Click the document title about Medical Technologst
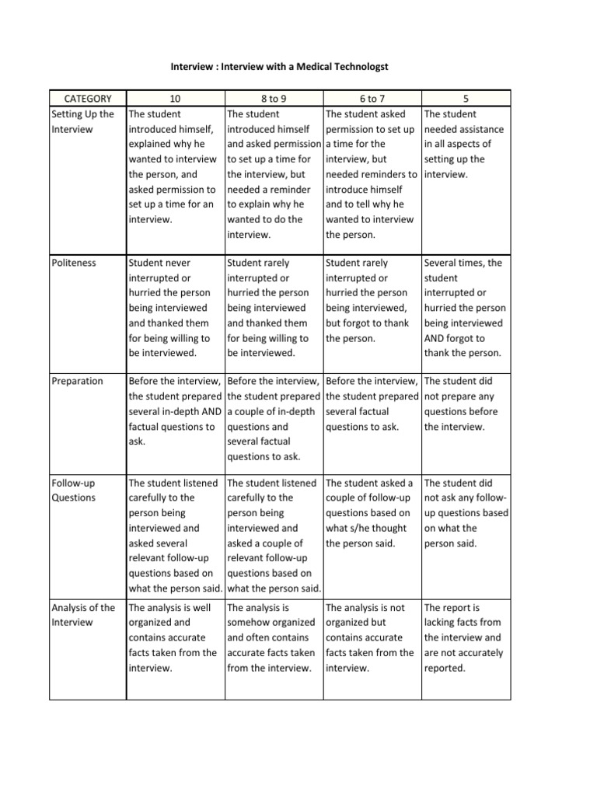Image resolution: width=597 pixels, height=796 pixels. pos(279,68)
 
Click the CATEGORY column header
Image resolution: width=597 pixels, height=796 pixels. pos(87,99)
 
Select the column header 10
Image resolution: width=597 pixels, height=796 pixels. pos(174,99)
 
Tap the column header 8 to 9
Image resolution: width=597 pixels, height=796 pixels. pos(273,99)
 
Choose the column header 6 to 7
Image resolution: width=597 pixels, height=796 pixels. pos(372,99)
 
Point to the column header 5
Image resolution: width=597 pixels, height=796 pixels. pos(465,99)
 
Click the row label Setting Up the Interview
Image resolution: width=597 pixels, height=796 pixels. pos(82,121)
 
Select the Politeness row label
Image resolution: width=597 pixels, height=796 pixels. pos(74,263)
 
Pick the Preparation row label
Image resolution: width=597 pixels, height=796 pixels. pos(77,381)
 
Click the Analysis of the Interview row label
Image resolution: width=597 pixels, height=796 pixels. pos(82,615)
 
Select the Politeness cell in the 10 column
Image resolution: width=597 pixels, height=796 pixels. pos(173,308)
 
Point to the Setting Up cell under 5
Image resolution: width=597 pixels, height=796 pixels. pos(465,144)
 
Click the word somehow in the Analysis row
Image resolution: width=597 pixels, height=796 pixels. pos(250,622)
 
